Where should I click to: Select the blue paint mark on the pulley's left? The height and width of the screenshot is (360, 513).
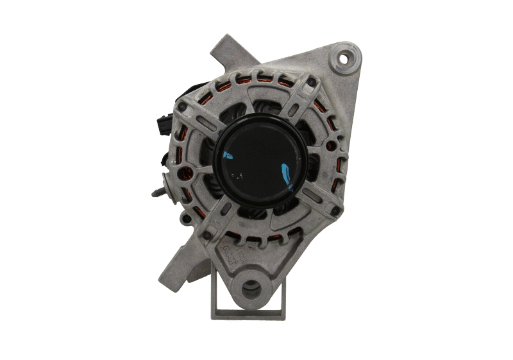226,155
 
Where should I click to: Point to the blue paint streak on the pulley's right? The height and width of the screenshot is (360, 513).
286,174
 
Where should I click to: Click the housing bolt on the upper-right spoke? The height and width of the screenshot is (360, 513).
311,82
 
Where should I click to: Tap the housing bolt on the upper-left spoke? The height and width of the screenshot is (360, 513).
183,107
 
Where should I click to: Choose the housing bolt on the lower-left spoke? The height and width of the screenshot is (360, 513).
206,236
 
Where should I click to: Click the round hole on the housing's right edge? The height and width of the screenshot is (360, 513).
331,146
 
